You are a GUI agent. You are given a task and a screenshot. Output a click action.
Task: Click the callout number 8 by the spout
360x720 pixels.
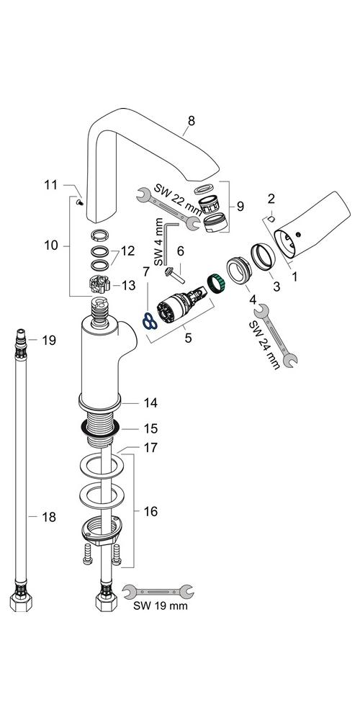191,121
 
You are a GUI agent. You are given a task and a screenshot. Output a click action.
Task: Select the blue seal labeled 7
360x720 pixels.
150,321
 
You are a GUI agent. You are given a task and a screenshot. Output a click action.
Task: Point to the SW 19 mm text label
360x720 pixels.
161,606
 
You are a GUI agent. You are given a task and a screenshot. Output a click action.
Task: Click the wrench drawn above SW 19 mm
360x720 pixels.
159,591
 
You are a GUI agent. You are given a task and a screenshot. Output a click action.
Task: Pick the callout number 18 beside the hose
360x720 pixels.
49,517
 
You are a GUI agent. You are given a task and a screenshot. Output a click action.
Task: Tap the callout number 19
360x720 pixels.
49,341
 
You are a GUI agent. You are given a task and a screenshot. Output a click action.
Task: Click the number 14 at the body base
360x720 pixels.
150,402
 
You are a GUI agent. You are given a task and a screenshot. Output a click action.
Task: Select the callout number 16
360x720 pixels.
150,511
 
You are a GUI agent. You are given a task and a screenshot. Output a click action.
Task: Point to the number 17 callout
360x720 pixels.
150,447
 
